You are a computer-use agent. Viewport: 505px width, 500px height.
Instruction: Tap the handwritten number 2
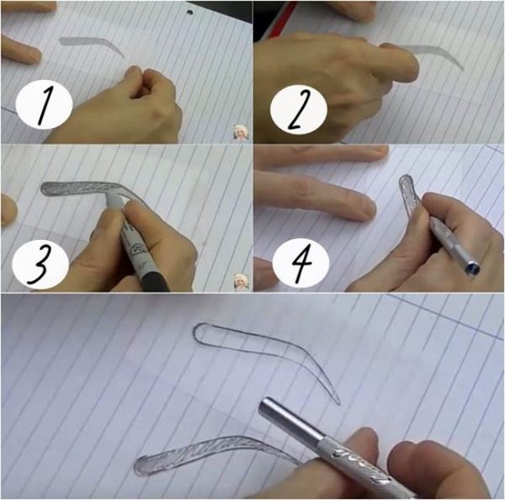[299, 110]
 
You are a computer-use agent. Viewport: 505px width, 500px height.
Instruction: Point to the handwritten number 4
[302, 263]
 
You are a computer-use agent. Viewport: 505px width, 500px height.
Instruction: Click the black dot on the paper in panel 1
[189, 13]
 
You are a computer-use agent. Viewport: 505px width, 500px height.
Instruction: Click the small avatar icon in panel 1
[241, 132]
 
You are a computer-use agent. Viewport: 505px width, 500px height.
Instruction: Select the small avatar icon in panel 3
[241, 282]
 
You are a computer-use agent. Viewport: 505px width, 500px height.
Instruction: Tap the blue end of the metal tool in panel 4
[473, 268]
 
